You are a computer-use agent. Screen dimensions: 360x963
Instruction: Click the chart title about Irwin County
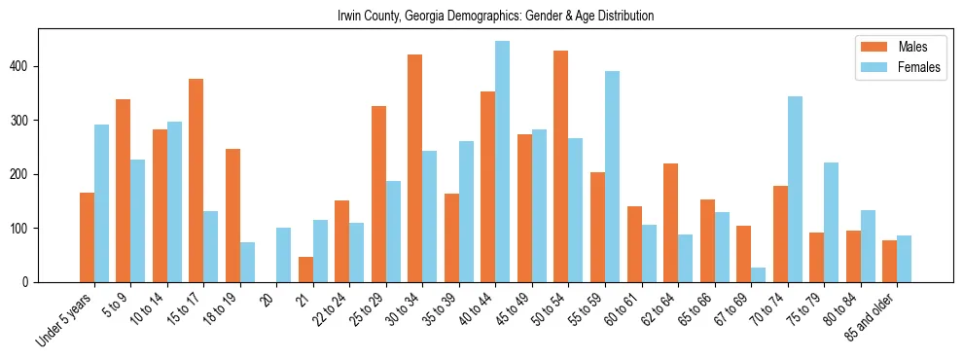tap(495, 17)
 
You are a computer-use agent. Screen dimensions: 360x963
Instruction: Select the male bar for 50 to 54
tap(561, 166)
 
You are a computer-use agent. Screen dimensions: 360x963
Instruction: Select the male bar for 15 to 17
tap(196, 180)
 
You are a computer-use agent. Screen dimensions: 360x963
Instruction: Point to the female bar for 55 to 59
tap(612, 176)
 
